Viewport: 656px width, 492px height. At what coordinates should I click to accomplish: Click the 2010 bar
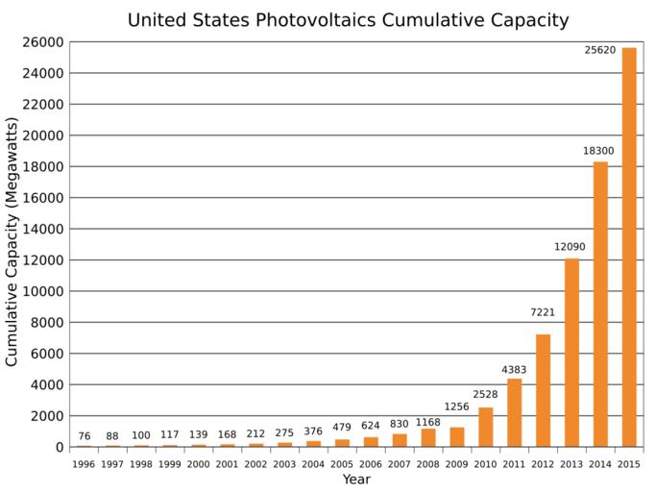485,427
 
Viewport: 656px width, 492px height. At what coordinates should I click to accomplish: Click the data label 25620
599,49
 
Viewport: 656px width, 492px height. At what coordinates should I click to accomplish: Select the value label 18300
598,151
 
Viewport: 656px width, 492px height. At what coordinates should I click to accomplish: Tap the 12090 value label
570,247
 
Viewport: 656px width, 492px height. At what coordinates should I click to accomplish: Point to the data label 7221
542,312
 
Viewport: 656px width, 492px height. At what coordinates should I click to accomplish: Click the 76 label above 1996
84,436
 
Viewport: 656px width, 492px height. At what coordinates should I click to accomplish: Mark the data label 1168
428,422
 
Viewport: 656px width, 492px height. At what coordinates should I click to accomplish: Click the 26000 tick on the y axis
45,42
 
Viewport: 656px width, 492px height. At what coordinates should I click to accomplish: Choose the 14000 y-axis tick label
45,229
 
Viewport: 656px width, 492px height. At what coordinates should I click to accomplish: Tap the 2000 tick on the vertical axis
49,416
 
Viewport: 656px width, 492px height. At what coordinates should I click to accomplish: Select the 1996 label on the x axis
84,464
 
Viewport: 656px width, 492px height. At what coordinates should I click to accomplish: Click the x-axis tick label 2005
342,464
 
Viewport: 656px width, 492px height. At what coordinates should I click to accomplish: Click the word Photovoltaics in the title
321,20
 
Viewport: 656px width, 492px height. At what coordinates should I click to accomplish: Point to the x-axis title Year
356,480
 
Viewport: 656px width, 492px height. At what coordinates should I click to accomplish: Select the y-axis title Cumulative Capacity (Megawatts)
12,242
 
